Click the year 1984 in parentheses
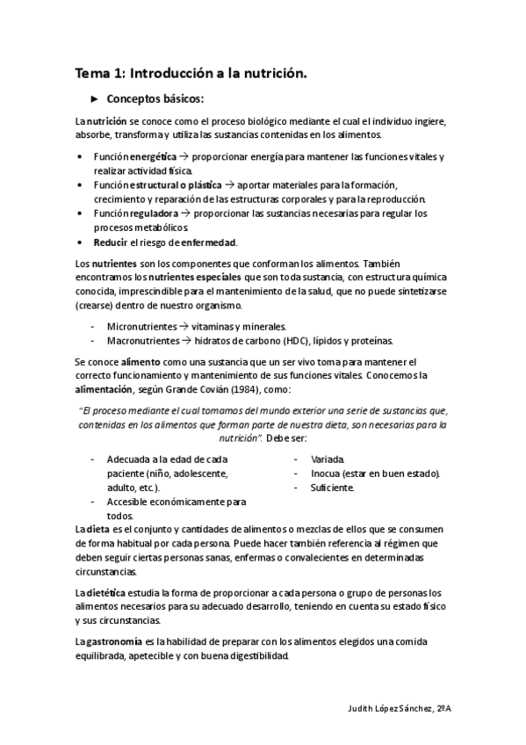(x=268, y=389)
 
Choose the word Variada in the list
(x=328, y=459)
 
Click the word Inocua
(x=327, y=473)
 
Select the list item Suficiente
(x=331, y=487)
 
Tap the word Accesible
(x=129, y=502)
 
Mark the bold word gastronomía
(x=114, y=641)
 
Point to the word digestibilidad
(x=252, y=655)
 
